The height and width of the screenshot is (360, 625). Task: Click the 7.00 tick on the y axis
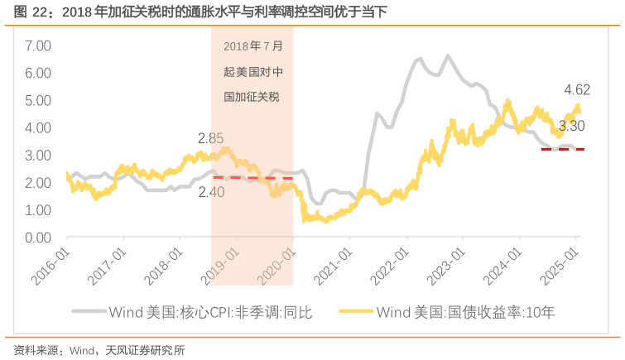tap(39, 46)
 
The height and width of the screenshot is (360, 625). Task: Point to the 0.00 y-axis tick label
tap(39, 238)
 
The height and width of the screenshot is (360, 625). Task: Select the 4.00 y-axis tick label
tap(39, 127)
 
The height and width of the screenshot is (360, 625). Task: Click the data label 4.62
tap(577, 89)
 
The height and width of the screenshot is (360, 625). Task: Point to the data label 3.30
tap(572, 126)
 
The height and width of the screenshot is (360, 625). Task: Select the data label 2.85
tap(211, 138)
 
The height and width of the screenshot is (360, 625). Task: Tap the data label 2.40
tap(211, 191)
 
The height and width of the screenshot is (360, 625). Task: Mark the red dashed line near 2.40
tap(252, 178)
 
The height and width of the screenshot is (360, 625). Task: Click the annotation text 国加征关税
tap(252, 97)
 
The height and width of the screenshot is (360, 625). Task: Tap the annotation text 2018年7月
tap(252, 46)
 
